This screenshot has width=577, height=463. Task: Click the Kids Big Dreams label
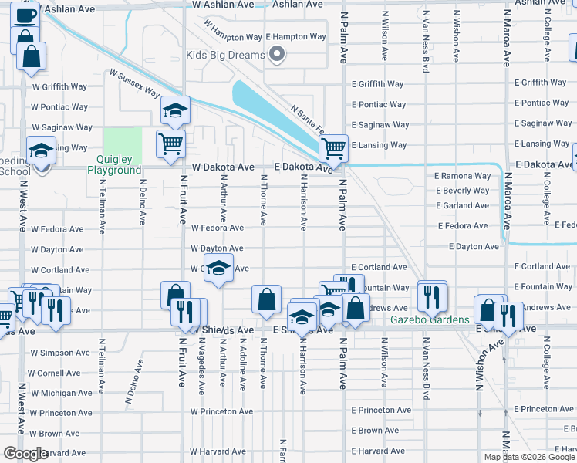(225, 55)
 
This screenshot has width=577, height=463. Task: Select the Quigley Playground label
(114, 164)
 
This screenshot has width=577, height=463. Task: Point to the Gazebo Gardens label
(430, 320)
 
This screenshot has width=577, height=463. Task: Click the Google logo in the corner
(25, 454)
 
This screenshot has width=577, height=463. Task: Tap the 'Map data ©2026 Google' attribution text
(529, 457)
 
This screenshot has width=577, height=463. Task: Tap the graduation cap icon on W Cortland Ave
(219, 268)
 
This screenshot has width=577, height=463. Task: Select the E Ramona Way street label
(462, 176)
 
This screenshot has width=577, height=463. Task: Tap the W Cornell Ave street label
(56, 373)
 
